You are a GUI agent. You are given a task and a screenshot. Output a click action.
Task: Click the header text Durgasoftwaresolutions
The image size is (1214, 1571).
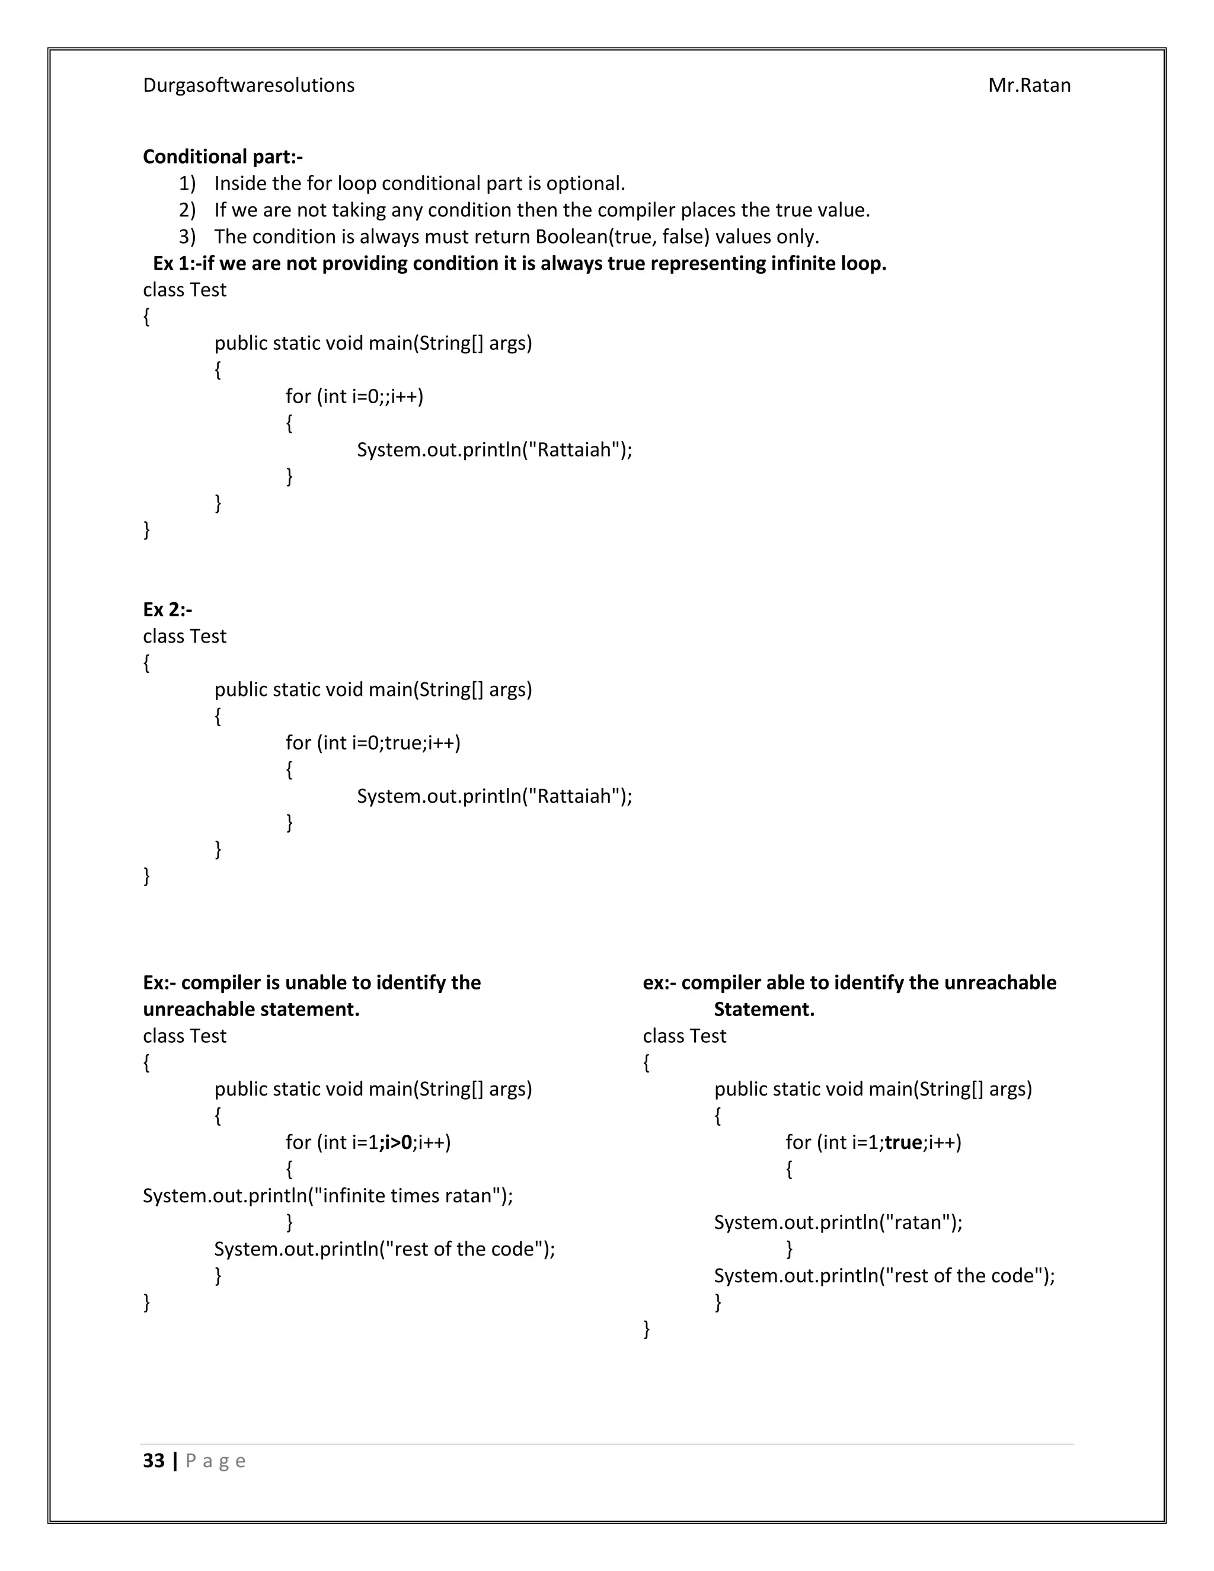[248, 85]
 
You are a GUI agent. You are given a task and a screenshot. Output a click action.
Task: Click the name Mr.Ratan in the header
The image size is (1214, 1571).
[1028, 85]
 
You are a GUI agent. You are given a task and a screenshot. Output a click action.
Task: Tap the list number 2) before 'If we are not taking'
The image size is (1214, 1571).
[187, 210]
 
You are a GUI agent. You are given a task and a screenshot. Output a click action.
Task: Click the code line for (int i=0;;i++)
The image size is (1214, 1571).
[354, 397]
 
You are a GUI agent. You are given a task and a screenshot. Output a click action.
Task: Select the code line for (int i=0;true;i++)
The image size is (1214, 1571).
[372, 742]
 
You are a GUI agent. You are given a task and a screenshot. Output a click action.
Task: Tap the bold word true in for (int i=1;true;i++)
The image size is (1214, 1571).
[903, 1142]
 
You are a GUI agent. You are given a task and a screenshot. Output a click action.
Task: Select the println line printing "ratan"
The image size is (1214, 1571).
[837, 1222]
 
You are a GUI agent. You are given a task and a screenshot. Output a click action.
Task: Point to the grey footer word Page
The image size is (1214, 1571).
[216, 1461]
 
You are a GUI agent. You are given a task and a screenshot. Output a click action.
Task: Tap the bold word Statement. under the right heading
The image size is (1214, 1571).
[763, 1009]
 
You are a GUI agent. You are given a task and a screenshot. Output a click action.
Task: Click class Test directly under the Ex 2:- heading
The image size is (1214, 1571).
[184, 636]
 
